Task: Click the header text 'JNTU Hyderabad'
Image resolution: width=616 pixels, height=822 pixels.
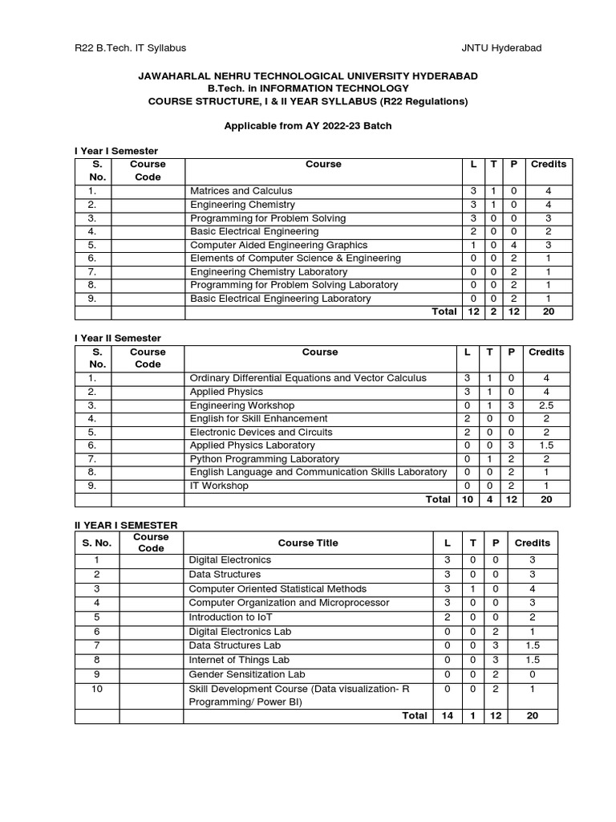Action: (501, 48)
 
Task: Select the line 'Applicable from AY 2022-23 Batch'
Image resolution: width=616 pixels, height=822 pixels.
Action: (307, 126)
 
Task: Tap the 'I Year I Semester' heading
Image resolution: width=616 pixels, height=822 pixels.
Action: (116, 151)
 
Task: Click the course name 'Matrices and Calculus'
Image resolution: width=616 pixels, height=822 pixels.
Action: (241, 191)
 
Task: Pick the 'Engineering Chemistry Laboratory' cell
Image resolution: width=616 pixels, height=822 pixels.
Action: (269, 272)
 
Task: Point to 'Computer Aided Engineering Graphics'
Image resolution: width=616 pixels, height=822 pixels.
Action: (278, 245)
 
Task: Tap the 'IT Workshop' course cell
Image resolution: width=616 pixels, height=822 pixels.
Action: (219, 486)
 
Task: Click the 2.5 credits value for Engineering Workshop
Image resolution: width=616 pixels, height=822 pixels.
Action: (546, 405)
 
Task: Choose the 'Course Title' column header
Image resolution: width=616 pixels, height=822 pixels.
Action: (308, 543)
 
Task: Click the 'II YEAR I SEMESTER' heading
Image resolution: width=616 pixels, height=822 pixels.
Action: (126, 525)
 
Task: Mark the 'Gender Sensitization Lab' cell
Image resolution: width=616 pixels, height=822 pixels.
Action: (246, 674)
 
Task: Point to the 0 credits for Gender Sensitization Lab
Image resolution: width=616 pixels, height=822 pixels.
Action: (532, 674)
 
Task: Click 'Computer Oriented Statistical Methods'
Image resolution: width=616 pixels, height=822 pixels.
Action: (277, 588)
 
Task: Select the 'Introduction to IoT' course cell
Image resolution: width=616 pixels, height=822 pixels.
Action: (231, 617)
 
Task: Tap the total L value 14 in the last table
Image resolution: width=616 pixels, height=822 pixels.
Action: (447, 715)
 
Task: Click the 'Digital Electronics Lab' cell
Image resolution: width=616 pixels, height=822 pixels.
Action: (240, 632)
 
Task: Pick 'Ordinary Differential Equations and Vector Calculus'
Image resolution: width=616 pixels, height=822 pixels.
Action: (308, 378)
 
